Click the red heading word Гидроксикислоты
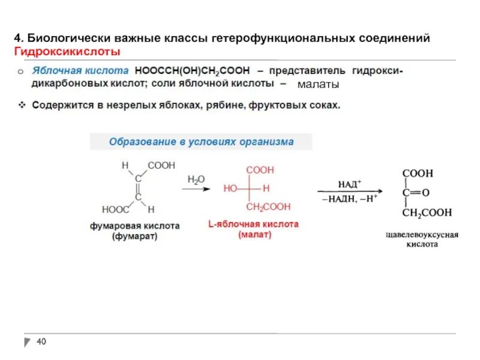67,52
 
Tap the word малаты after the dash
318,84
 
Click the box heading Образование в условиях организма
201,142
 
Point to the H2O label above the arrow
196,179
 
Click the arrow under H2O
196,189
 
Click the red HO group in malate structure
230,188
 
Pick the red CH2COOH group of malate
268,206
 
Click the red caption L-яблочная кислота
253,224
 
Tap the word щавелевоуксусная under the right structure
422,235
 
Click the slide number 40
41,342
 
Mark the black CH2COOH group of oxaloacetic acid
427,212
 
